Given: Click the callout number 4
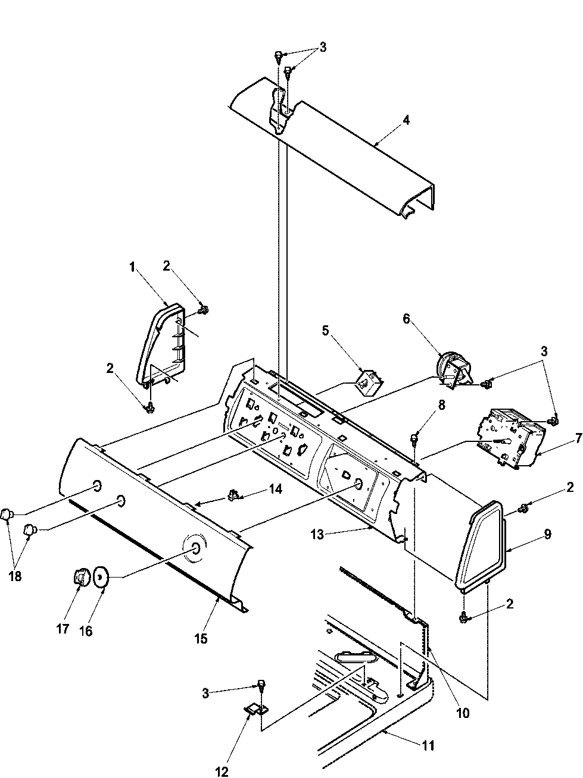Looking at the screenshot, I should click(406, 120).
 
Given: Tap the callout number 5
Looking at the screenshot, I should click(326, 331).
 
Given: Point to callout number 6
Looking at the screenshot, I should click(406, 319).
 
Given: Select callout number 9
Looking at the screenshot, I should click(547, 534).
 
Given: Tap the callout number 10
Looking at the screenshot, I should click(463, 713).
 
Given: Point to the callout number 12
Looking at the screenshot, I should click(222, 772).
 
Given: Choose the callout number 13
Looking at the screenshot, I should click(317, 535).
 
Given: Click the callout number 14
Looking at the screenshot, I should click(275, 489).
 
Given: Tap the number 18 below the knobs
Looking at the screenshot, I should click(15, 576).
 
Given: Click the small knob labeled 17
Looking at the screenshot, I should click(80, 576).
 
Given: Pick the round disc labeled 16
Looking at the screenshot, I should click(100, 576).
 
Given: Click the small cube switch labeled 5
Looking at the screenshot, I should click(365, 381).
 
